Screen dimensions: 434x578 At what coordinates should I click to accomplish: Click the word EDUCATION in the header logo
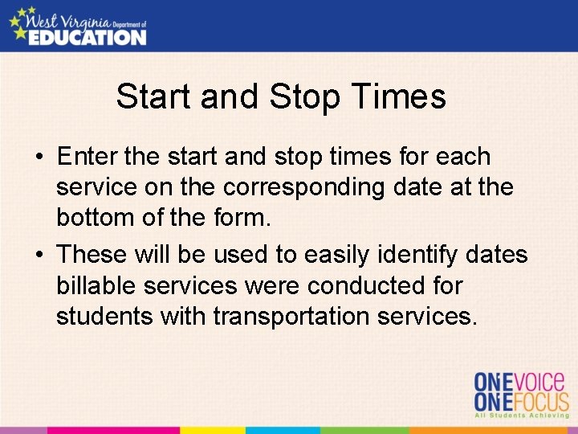(x=88, y=37)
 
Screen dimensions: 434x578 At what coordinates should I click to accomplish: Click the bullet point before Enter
(x=39, y=157)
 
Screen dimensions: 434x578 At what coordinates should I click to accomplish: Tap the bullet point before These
(x=39, y=255)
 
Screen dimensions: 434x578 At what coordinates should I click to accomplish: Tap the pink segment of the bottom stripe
(x=112, y=430)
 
